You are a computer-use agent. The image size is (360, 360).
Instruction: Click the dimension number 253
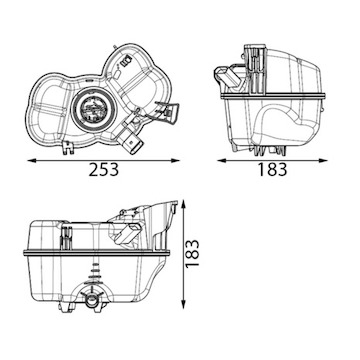[x=103, y=170]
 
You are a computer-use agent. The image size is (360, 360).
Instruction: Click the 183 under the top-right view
[x=272, y=170]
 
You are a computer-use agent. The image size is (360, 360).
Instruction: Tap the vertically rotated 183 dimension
[x=192, y=253]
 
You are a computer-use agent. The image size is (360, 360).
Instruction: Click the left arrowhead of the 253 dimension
[x=32, y=161]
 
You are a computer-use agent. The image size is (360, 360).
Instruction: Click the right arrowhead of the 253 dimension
[x=175, y=161]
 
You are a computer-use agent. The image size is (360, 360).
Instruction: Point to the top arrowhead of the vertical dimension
[x=183, y=205]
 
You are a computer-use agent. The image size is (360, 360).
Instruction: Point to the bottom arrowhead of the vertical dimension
[x=183, y=304]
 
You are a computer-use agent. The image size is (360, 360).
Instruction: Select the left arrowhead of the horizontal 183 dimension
[x=222, y=161]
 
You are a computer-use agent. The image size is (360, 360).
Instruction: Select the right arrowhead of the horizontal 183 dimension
[x=323, y=161]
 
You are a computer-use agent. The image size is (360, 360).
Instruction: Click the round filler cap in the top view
[x=94, y=108]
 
